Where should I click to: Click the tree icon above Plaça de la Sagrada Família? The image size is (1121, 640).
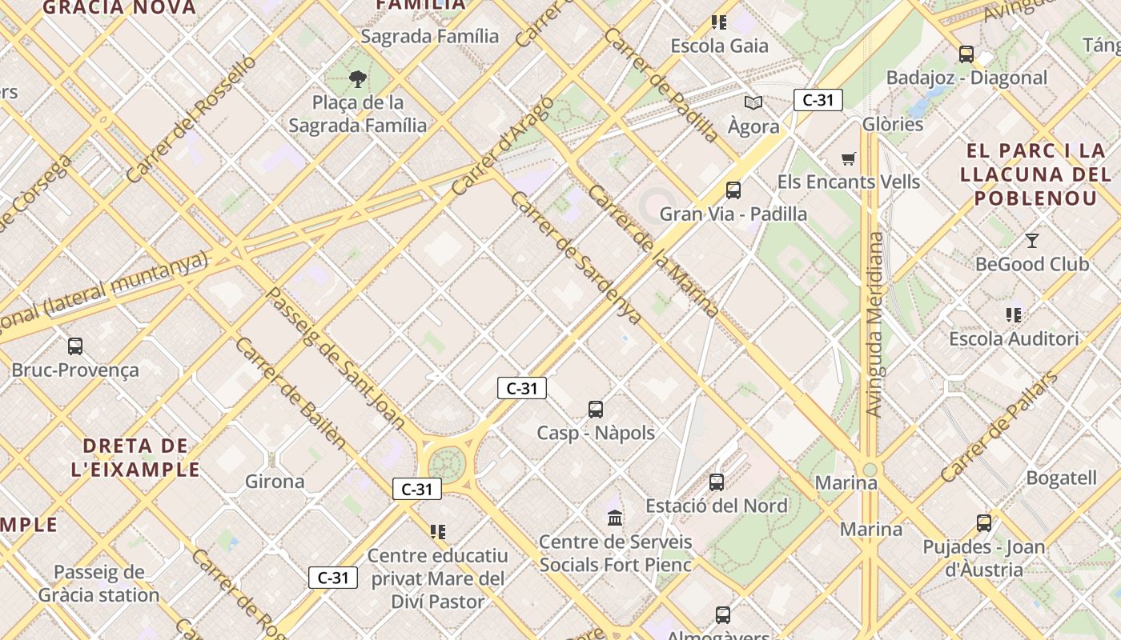coord(358,78)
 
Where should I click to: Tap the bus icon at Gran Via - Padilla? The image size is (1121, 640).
coord(733,190)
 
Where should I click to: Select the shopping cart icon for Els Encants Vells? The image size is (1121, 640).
coord(848,158)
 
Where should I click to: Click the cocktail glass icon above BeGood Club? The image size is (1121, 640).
coord(1032,240)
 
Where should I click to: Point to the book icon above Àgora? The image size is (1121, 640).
coord(753,102)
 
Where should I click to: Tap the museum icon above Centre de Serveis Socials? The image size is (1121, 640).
coord(615,518)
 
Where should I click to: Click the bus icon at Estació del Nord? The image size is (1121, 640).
coord(717,482)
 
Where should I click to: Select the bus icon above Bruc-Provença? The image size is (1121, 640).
coord(75,346)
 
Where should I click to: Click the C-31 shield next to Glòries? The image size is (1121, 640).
coord(818,100)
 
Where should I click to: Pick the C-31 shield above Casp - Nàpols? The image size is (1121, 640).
coord(521,389)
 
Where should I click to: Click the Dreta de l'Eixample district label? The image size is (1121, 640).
coord(135,458)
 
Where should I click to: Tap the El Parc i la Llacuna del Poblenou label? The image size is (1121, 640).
coord(1035,174)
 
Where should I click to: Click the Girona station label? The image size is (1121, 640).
coord(275,482)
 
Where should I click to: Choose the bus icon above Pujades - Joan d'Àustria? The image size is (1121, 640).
coord(983,523)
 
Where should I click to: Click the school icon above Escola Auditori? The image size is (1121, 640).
coord(1014,315)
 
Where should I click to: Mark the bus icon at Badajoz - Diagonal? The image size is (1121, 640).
coord(966,54)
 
